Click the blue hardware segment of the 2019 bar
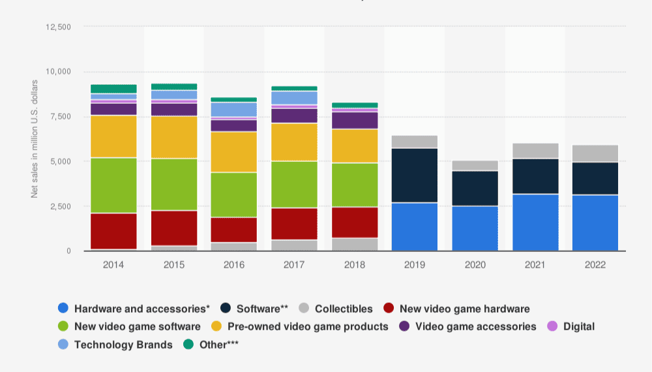point(415,226)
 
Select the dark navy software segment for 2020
point(475,188)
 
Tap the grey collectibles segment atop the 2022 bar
point(595,153)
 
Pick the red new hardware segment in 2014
point(113,231)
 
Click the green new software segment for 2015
point(174,184)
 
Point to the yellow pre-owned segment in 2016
point(234,152)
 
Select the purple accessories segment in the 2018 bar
point(355,120)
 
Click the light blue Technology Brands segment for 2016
point(234,109)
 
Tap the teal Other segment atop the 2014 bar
point(113,89)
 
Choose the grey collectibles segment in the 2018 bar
point(355,244)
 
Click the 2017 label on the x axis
point(294,265)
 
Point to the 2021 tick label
point(535,265)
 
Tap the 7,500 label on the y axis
point(59,116)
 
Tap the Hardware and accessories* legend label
point(141,309)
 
